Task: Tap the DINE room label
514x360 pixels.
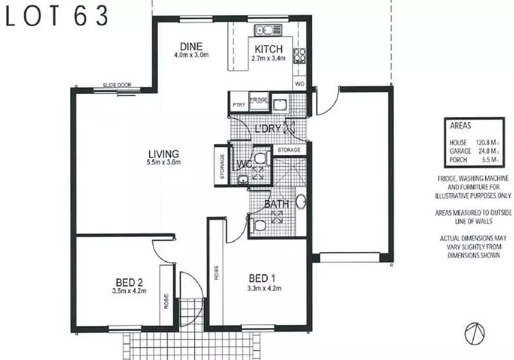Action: click(x=191, y=46)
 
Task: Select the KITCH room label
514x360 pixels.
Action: click(x=269, y=50)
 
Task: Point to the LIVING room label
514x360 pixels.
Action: click(x=163, y=154)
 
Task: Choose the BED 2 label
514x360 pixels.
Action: click(x=130, y=282)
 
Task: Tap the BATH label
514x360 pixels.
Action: click(x=277, y=204)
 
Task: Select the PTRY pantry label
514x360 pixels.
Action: click(x=239, y=105)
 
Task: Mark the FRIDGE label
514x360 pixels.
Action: click(x=259, y=100)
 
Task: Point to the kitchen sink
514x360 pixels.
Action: click(x=265, y=30)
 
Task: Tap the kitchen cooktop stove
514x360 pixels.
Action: click(x=300, y=56)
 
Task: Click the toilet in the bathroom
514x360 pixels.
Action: click(x=260, y=225)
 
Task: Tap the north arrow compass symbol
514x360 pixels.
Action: click(x=475, y=332)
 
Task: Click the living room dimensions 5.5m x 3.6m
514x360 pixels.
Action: click(x=163, y=163)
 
